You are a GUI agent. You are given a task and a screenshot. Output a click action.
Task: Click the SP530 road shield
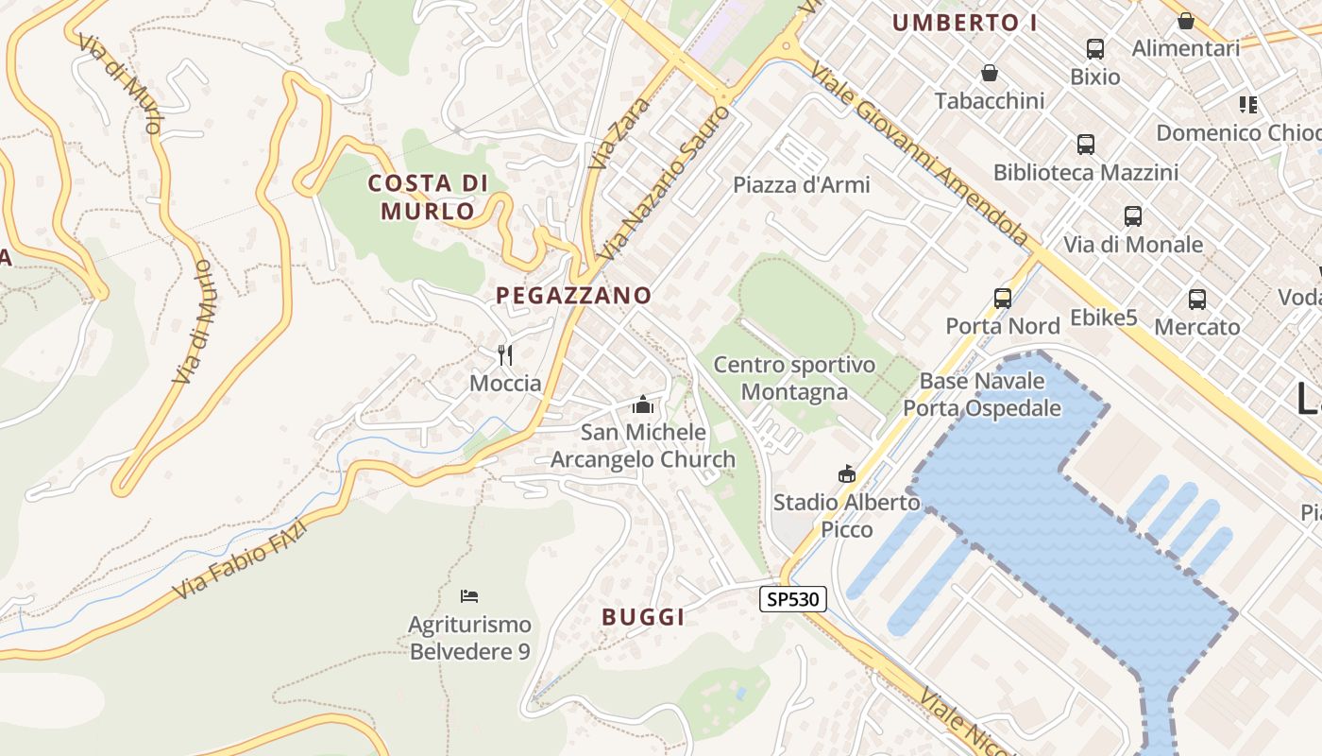pos(793,599)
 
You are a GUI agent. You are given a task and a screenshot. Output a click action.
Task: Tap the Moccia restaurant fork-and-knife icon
pos(505,355)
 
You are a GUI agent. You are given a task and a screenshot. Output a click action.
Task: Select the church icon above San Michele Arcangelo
pos(643,404)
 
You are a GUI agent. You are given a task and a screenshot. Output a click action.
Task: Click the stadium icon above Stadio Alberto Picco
pos(846,474)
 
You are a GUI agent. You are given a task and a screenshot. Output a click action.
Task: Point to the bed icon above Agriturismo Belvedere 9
pos(469,595)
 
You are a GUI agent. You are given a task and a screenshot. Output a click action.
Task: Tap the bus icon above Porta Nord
pos(1003,299)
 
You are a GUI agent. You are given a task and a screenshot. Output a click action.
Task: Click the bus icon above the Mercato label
pos(1197,300)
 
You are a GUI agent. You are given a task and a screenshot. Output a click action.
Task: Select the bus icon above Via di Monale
pos(1133,216)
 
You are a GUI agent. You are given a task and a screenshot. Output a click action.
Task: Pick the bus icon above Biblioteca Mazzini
pos(1086,145)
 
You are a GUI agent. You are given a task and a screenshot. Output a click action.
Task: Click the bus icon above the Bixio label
pos(1095,49)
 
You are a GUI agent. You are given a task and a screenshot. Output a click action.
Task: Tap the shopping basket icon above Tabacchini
pos(990,73)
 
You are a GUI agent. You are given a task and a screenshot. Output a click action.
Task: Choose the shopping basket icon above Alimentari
pos(1186,21)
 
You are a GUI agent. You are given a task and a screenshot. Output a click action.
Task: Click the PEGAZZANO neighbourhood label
pos(574,296)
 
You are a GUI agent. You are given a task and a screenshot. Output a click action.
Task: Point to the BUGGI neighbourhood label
pos(643,618)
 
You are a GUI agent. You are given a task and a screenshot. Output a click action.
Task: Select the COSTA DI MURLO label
pos(428,197)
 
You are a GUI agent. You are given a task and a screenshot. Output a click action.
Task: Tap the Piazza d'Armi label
pos(802,185)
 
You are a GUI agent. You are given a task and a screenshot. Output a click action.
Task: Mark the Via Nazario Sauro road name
pos(663,183)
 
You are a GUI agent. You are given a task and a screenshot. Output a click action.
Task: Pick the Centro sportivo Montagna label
pos(794,378)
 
